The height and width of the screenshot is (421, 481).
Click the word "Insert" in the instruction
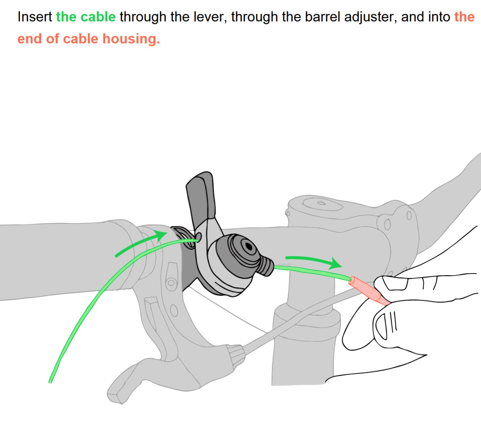tap(34, 17)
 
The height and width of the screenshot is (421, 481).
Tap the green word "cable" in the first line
tap(98, 17)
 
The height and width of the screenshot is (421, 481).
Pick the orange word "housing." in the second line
tap(131, 39)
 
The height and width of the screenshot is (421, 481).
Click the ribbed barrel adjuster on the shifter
tap(266, 266)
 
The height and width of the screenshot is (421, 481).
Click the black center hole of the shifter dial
tap(249, 247)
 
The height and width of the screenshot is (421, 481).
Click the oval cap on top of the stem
tap(322, 204)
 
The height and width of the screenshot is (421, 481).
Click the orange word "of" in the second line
tap(52, 39)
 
